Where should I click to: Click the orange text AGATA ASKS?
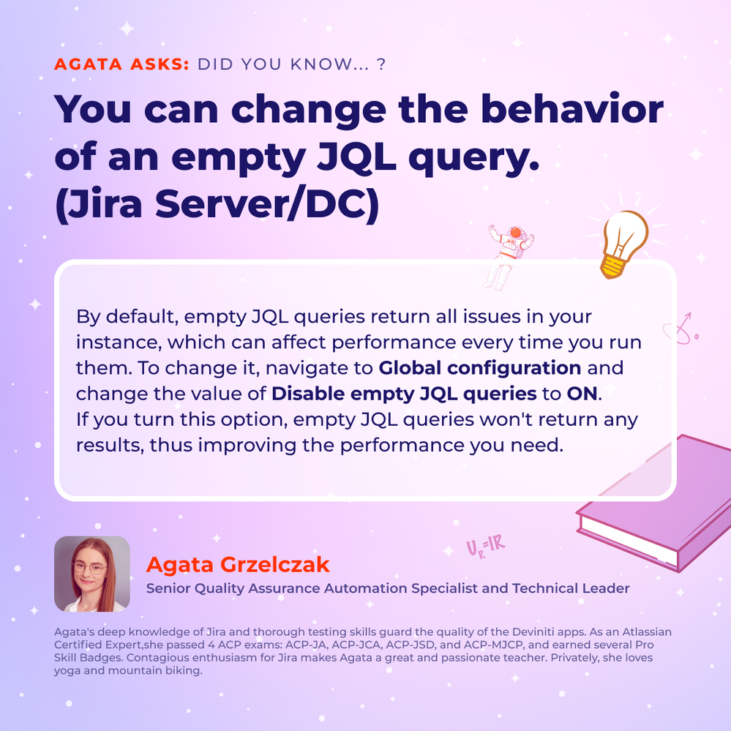pos(121,64)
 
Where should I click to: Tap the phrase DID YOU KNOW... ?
pos(292,64)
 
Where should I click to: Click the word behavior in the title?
pos(572,109)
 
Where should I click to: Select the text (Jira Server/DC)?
pos(217,204)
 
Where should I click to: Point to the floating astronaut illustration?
pos(507,256)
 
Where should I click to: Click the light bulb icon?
pos(623,244)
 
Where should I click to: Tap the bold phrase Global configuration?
pos(480,368)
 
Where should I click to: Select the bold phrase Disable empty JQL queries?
pos(404,394)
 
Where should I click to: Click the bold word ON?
pos(582,394)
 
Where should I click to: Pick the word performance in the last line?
pos(402,446)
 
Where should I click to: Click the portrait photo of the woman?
pos(92,574)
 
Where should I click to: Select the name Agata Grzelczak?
pos(238,564)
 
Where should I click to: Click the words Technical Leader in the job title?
pos(571,588)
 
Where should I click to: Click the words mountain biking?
pos(155,671)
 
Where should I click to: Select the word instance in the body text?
pos(119,342)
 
